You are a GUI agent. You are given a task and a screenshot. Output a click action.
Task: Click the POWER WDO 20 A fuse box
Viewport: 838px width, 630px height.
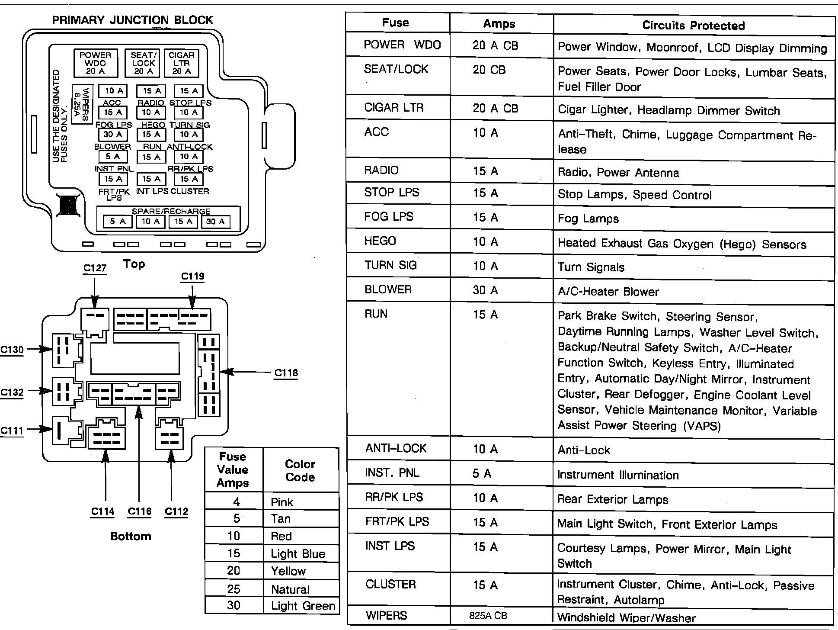click(95, 63)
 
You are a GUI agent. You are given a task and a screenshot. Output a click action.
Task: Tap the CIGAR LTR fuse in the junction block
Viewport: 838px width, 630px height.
click(181, 63)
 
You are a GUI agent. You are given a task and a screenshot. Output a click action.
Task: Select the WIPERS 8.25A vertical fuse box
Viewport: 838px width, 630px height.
click(82, 104)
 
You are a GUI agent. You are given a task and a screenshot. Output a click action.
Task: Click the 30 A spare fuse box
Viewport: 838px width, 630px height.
click(215, 222)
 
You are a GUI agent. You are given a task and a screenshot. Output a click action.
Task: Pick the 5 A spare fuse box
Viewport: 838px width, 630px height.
click(118, 222)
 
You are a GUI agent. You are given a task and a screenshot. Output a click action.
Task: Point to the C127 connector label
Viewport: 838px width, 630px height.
click(95, 268)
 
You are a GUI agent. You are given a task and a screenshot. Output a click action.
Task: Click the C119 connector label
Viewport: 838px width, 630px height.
click(192, 276)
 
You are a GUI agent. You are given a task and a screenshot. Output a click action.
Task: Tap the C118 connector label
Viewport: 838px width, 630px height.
click(286, 373)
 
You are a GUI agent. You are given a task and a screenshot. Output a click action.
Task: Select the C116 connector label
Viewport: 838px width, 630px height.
click(139, 511)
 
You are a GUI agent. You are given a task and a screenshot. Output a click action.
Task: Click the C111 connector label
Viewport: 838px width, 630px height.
click(12, 431)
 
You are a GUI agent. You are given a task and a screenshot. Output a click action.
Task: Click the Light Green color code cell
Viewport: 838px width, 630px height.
click(303, 606)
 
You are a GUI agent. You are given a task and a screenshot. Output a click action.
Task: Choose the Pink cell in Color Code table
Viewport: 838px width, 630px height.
click(282, 502)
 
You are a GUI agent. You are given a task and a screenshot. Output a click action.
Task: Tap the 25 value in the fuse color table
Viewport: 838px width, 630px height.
click(233, 589)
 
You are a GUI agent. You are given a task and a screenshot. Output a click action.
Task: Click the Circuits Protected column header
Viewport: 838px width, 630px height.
click(693, 26)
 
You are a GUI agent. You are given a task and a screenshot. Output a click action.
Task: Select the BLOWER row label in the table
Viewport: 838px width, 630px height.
click(388, 289)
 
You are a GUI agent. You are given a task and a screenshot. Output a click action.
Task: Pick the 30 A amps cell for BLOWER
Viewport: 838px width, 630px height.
click(485, 290)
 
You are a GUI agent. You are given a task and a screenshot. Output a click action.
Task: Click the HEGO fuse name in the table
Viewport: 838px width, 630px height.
click(380, 241)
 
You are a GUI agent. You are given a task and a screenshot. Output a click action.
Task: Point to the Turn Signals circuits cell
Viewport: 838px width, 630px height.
click(591, 267)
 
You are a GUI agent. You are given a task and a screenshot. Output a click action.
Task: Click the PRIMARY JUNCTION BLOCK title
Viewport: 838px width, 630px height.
click(132, 20)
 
